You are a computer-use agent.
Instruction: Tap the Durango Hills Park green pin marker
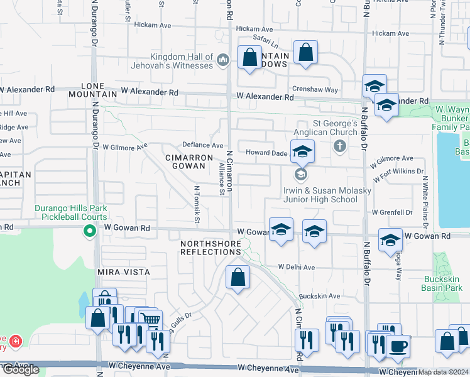(90, 231)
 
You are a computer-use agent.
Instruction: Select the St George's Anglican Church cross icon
(340, 146)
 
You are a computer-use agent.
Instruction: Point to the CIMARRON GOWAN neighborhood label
(185, 161)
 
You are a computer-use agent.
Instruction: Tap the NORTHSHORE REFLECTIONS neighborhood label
(210, 248)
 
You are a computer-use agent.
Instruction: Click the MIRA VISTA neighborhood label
(123, 272)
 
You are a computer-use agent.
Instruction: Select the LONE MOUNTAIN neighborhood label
(100, 89)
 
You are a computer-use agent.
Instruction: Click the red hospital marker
(14, 342)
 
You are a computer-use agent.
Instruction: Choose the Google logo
(20, 369)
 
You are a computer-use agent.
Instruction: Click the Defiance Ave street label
(203, 145)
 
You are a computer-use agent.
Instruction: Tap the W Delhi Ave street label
(297, 267)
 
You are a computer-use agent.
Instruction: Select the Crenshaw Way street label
(314, 90)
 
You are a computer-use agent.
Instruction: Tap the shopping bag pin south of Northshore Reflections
(238, 277)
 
